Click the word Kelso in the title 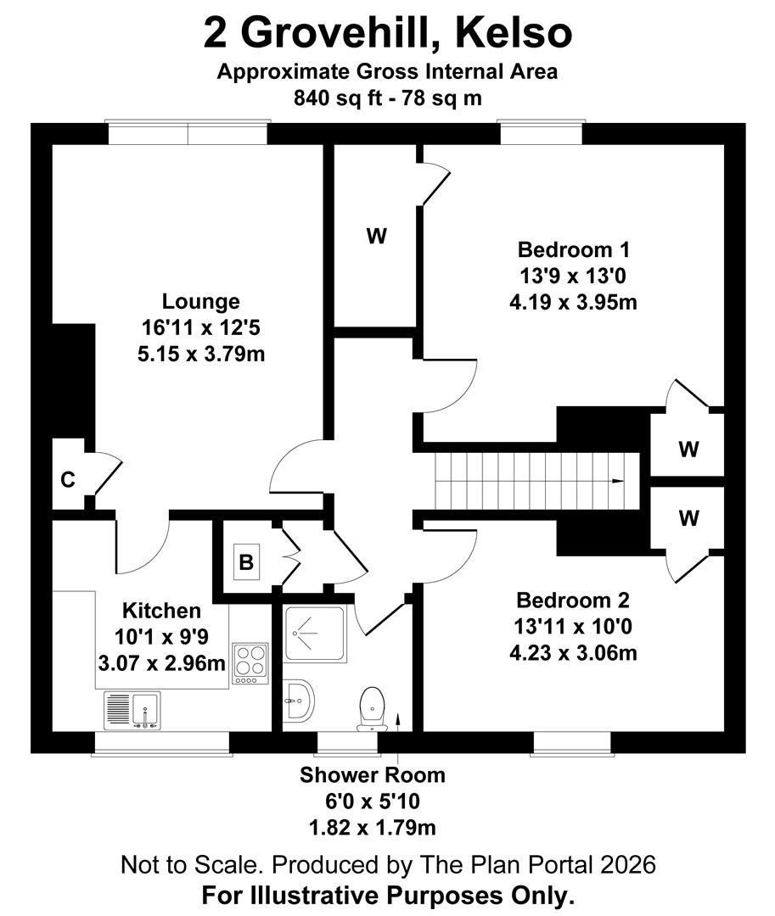tap(514, 33)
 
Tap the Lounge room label tap(201, 301)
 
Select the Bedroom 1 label tap(574, 250)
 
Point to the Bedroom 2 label tap(574, 601)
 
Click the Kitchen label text tap(162, 611)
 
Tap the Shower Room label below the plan tap(372, 774)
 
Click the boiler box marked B tap(245, 561)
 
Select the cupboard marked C tap(67, 479)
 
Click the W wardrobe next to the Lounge tap(376, 237)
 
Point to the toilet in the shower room tap(372, 706)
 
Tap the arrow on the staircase tap(617, 481)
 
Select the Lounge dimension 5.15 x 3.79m tap(201, 354)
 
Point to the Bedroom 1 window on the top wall tap(541, 133)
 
